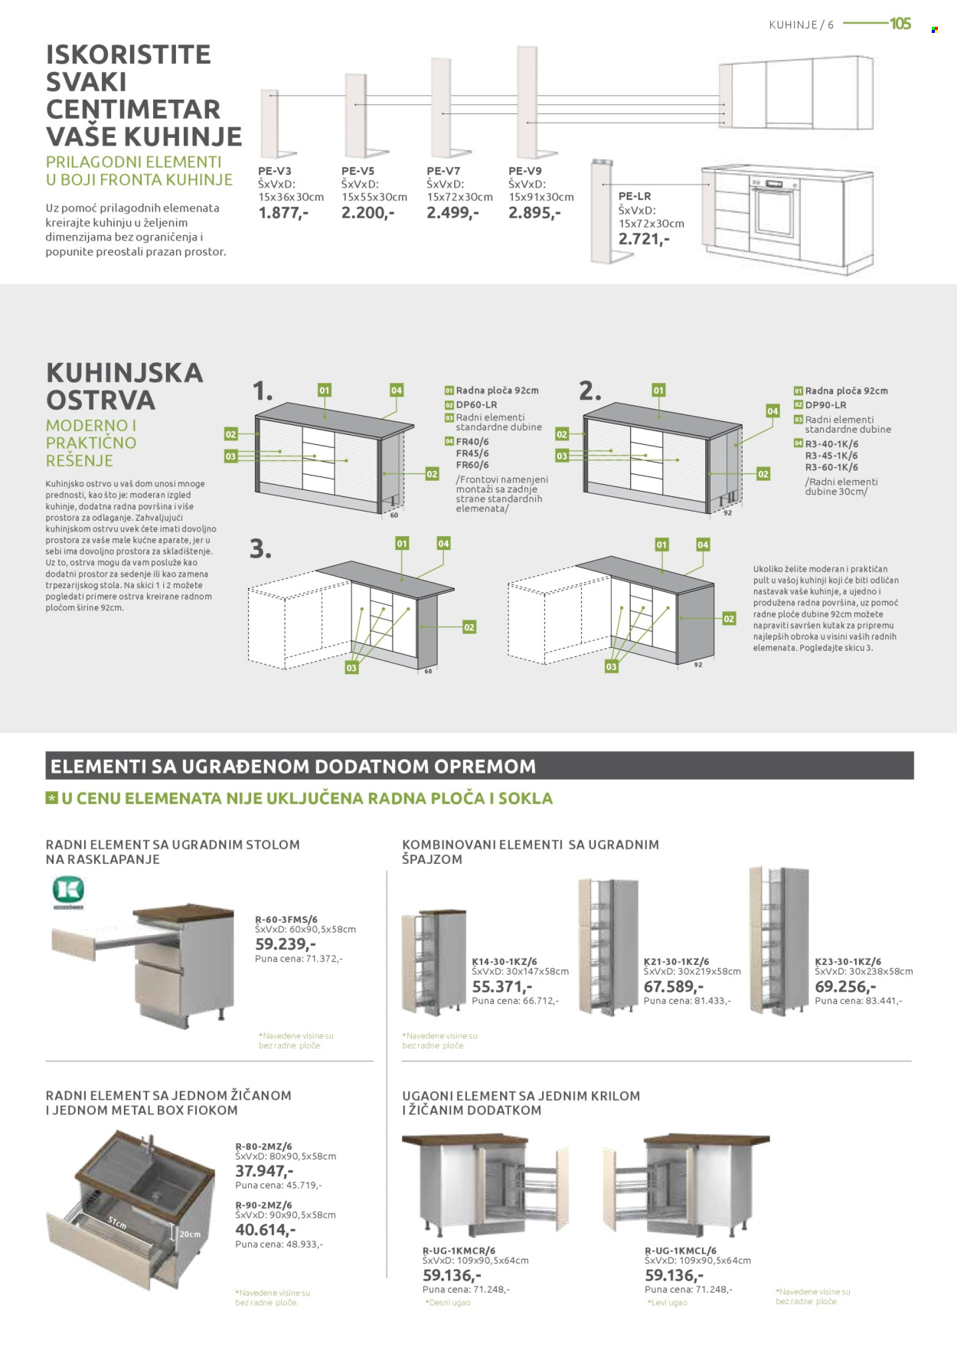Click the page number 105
(900, 24)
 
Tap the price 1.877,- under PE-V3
(283, 213)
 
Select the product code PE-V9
(524, 171)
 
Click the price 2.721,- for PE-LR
(644, 239)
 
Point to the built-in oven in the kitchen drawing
(774, 209)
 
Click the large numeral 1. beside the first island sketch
(262, 391)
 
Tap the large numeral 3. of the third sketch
(260, 549)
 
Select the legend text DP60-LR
(476, 404)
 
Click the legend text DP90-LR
(825, 405)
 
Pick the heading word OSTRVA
(100, 401)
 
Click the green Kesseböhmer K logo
(68, 891)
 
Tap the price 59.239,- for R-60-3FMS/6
(285, 944)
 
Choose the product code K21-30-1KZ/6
(676, 961)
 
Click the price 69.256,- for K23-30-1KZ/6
(845, 986)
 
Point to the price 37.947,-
(264, 1171)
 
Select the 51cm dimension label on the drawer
(117, 1222)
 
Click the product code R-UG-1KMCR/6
(459, 1251)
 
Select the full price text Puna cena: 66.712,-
(515, 1001)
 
